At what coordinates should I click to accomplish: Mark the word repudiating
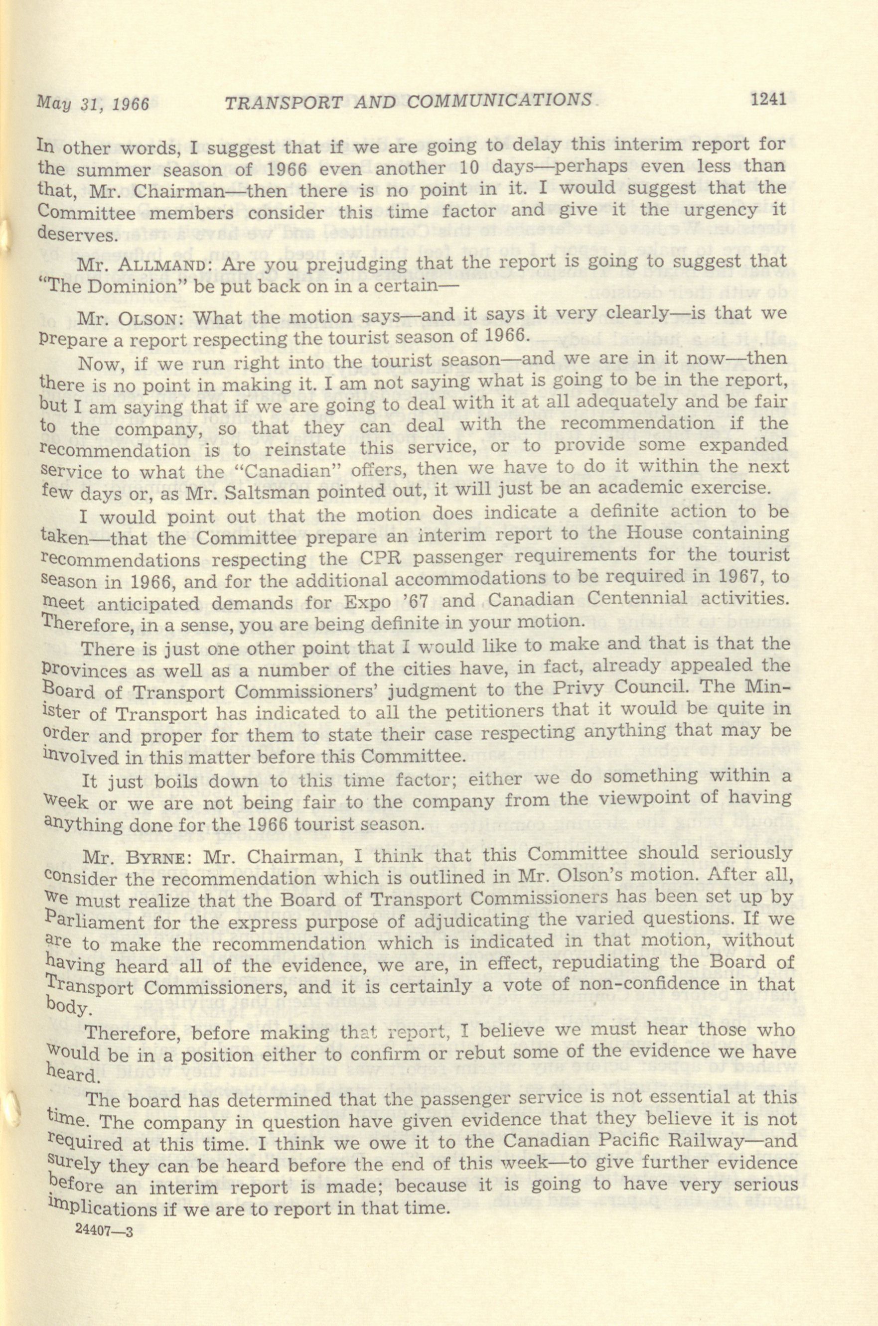[603, 960]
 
